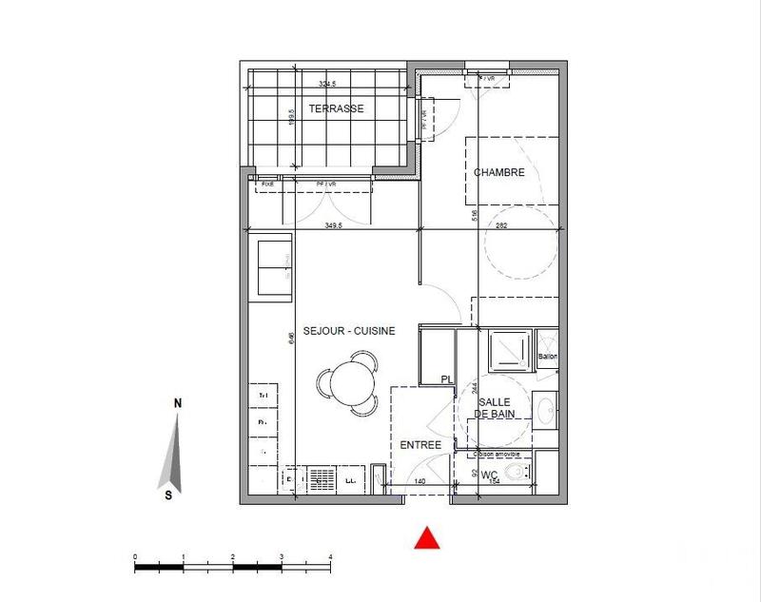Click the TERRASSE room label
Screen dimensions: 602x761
pos(335,108)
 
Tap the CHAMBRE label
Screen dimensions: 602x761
pos(500,172)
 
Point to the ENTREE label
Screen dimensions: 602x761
pos(420,445)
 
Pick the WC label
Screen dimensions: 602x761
pos(490,474)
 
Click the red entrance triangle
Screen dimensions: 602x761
pos(428,538)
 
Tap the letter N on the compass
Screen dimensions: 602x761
pos(178,403)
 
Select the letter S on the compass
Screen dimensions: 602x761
pos(167,495)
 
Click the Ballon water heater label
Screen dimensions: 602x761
pos(548,357)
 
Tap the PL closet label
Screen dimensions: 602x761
pos(445,379)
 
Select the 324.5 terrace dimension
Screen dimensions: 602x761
pos(329,84)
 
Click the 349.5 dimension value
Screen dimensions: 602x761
pos(333,225)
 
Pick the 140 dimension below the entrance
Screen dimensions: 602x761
pos(419,482)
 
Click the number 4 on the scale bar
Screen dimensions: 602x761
pos(330,557)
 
